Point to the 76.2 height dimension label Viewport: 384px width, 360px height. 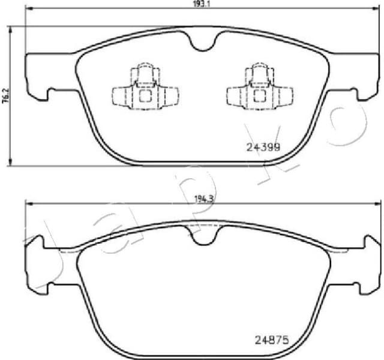click(x=5, y=97)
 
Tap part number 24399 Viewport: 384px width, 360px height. click(x=265, y=146)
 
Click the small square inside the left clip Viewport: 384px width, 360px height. click(x=145, y=95)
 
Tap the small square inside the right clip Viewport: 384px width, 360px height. click(x=260, y=95)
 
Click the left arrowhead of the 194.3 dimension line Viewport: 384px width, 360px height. click(x=26, y=205)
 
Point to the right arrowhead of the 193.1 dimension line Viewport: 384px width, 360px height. click(x=377, y=8)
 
